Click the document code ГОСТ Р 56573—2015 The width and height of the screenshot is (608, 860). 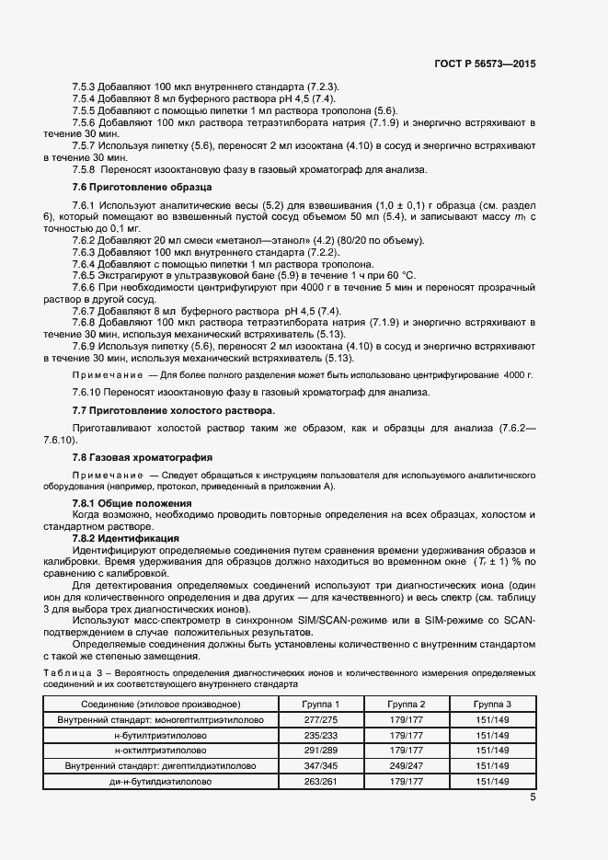[x=485, y=64]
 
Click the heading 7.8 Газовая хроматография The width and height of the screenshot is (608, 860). [x=130, y=456]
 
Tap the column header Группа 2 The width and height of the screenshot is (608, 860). [x=406, y=704]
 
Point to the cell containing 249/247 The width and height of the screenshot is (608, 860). [x=406, y=766]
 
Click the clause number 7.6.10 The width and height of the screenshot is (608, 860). [x=87, y=391]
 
